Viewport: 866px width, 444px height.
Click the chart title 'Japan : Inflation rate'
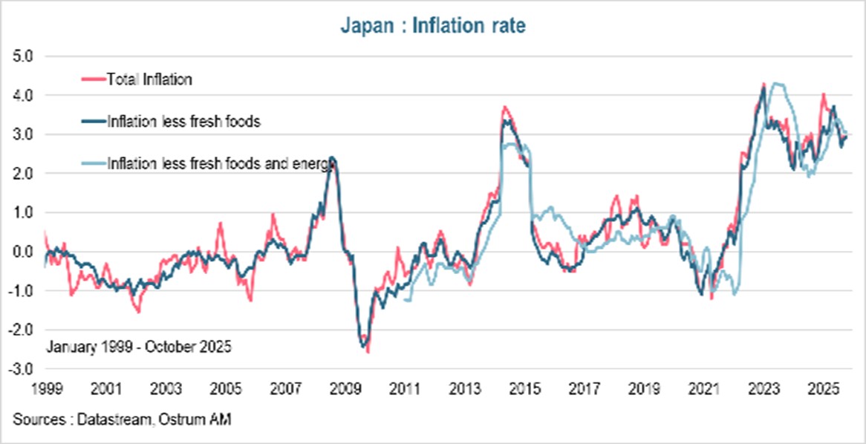pyautogui.click(x=433, y=26)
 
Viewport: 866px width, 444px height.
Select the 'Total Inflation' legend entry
pyautogui.click(x=149, y=79)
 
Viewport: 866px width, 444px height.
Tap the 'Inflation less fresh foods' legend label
pyautogui.click(x=183, y=121)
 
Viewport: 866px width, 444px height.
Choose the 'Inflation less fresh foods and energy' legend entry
pyautogui.click(x=218, y=163)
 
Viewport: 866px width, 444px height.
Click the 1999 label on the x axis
pyautogui.click(x=45, y=389)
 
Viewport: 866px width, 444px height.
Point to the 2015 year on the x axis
pyautogui.click(x=524, y=389)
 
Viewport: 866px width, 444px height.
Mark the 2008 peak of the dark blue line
pyautogui.click(x=331, y=158)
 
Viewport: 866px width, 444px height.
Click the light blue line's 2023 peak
pyautogui.click(x=777, y=84)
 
